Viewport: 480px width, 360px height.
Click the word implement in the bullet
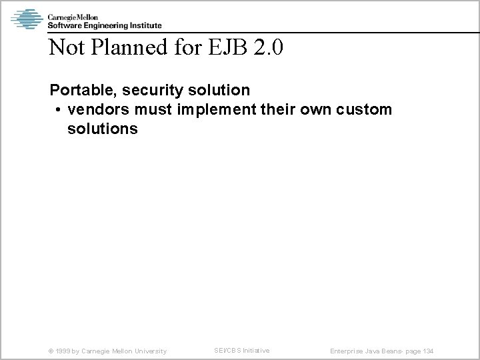coord(213,109)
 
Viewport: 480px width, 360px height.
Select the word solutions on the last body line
coord(102,129)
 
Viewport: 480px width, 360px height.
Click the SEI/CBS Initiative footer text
coord(241,350)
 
